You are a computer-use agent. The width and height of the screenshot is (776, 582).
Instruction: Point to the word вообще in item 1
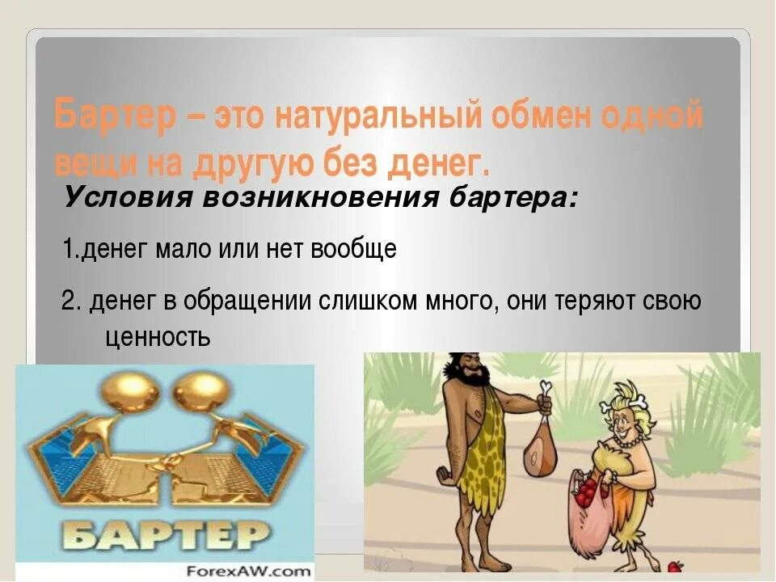[x=360, y=250]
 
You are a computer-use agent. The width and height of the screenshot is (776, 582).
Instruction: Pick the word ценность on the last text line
[x=158, y=336]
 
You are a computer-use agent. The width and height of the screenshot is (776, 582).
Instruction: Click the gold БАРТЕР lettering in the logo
[x=165, y=533]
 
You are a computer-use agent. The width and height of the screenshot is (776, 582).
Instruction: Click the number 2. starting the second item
[x=70, y=302]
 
